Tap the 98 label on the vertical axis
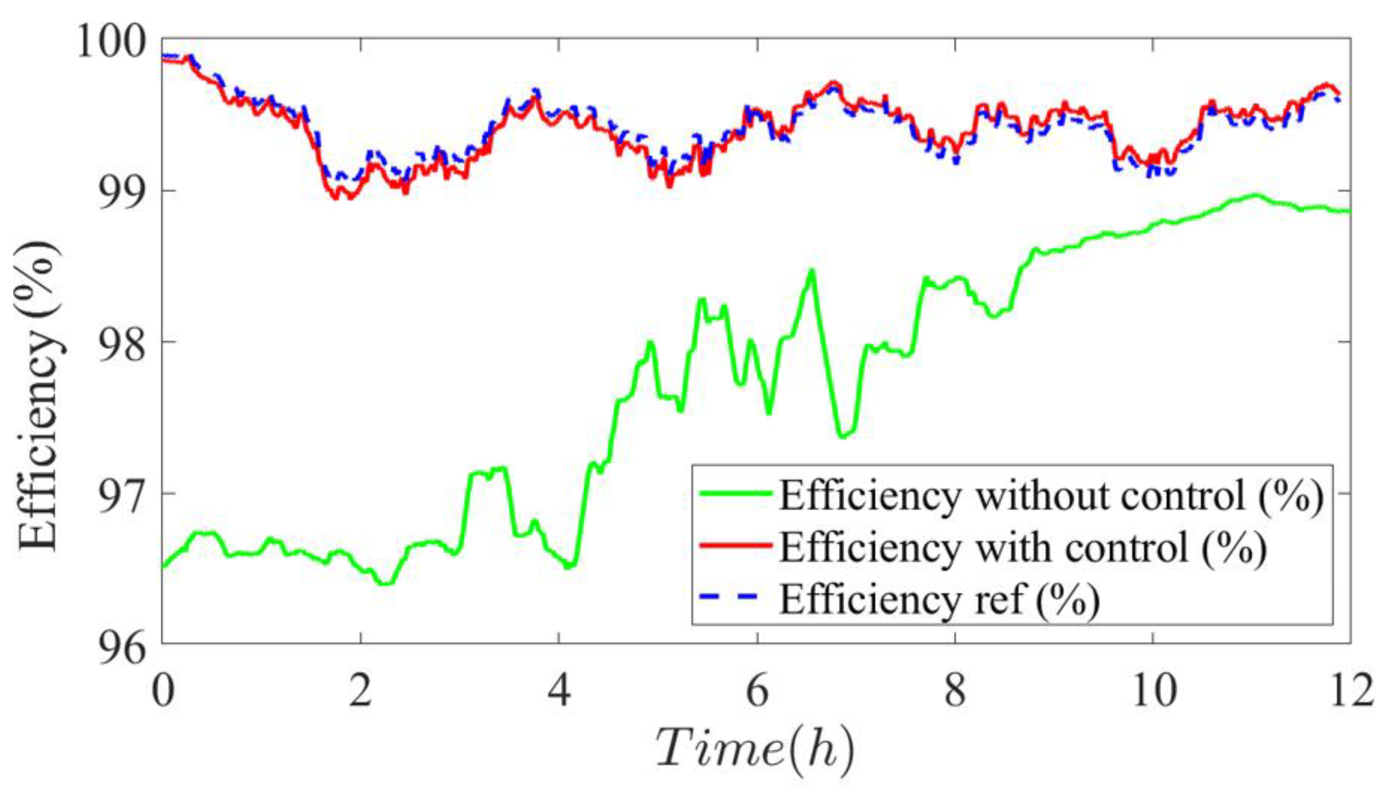(123, 345)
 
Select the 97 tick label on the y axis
(123, 497)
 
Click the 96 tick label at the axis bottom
(123, 648)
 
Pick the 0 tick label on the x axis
(163, 691)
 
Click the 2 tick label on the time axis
(360, 691)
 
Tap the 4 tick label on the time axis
(559, 691)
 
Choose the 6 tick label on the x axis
(757, 691)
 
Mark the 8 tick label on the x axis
(955, 691)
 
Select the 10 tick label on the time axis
(1153, 691)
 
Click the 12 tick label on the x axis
(1351, 691)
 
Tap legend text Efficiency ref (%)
(940, 599)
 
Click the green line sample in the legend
(735, 493)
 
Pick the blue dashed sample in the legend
(735, 597)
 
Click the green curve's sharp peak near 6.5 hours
(811, 270)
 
